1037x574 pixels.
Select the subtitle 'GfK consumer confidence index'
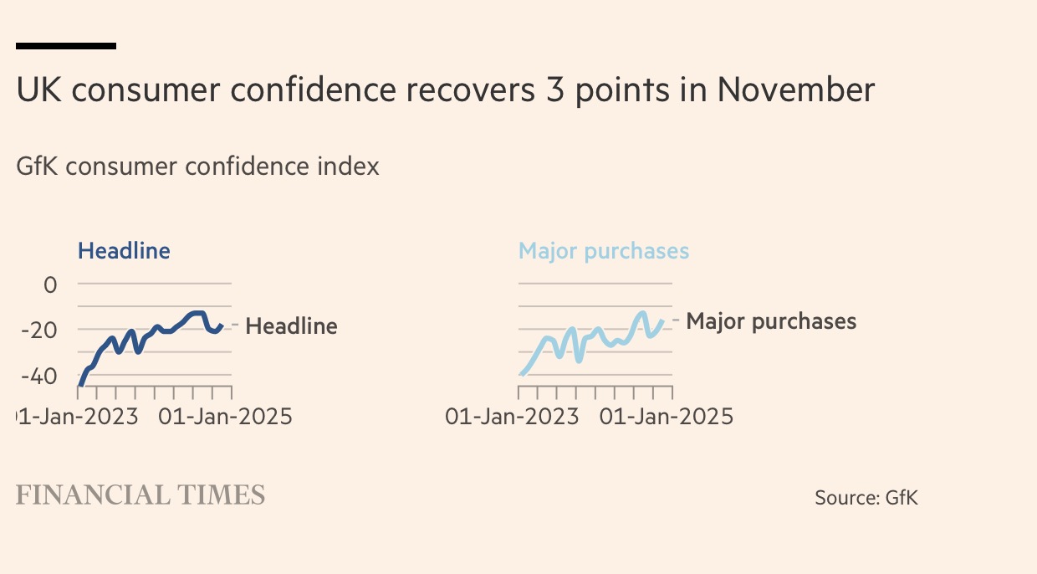pyautogui.click(x=197, y=167)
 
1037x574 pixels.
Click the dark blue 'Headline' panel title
pyautogui.click(x=124, y=250)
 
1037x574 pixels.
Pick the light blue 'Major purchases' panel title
pyautogui.click(x=604, y=251)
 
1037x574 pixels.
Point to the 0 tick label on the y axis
pyautogui.click(x=50, y=284)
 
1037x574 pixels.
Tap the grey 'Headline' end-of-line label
pyautogui.click(x=291, y=326)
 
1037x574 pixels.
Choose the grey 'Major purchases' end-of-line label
pyautogui.click(x=771, y=321)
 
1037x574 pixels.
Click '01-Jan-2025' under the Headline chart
pyautogui.click(x=225, y=416)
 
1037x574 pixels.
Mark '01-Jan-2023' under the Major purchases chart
pyautogui.click(x=512, y=416)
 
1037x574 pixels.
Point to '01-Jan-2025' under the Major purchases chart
pyautogui.click(x=667, y=416)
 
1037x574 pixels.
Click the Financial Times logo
pyautogui.click(x=140, y=495)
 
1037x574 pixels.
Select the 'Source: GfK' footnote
pyautogui.click(x=866, y=498)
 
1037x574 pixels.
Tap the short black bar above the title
pyautogui.click(x=66, y=46)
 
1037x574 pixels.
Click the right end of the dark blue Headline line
pyautogui.click(x=222, y=326)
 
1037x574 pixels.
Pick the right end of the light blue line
pyautogui.click(x=662, y=320)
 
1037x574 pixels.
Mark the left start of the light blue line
pyautogui.click(x=521, y=374)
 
